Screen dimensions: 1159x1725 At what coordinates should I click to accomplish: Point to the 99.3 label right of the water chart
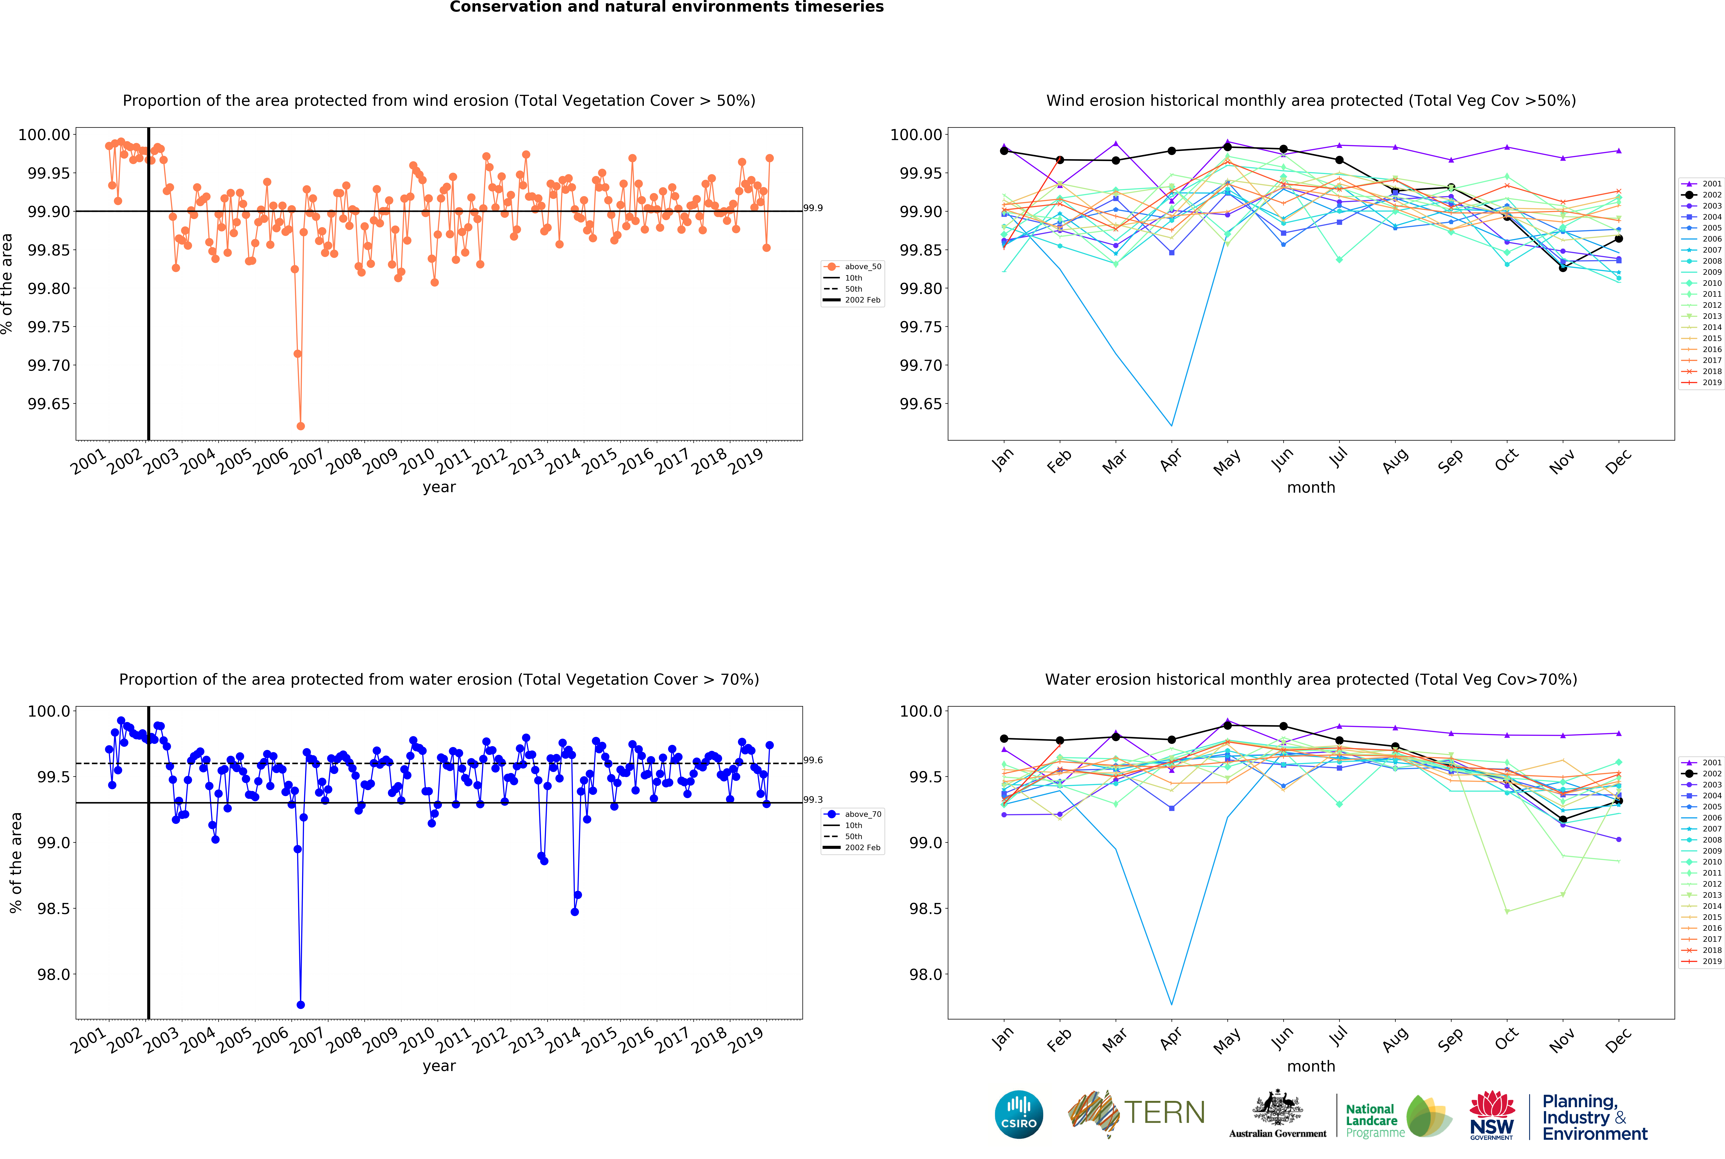813,800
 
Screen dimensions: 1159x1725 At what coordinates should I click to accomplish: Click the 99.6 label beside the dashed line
813,760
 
